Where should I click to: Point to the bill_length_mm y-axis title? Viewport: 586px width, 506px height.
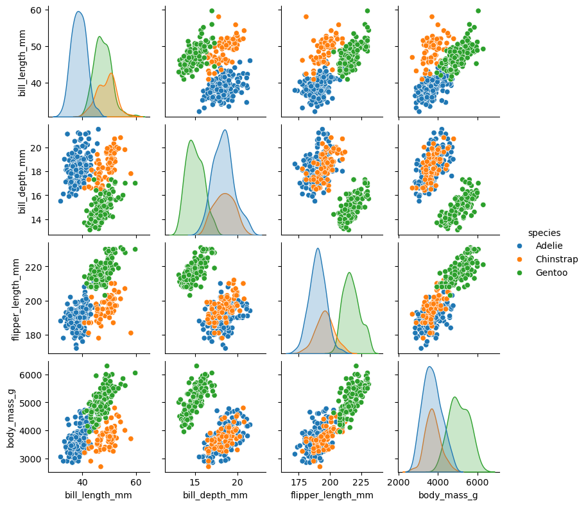click(22, 62)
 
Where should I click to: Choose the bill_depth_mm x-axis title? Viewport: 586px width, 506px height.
click(215, 495)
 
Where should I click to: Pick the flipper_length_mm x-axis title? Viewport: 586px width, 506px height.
click(332, 495)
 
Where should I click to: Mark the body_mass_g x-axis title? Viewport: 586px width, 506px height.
click(449, 495)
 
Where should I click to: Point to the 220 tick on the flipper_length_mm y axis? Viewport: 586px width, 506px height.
click(33, 267)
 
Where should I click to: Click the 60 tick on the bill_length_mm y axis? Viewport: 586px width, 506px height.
click(36, 10)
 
